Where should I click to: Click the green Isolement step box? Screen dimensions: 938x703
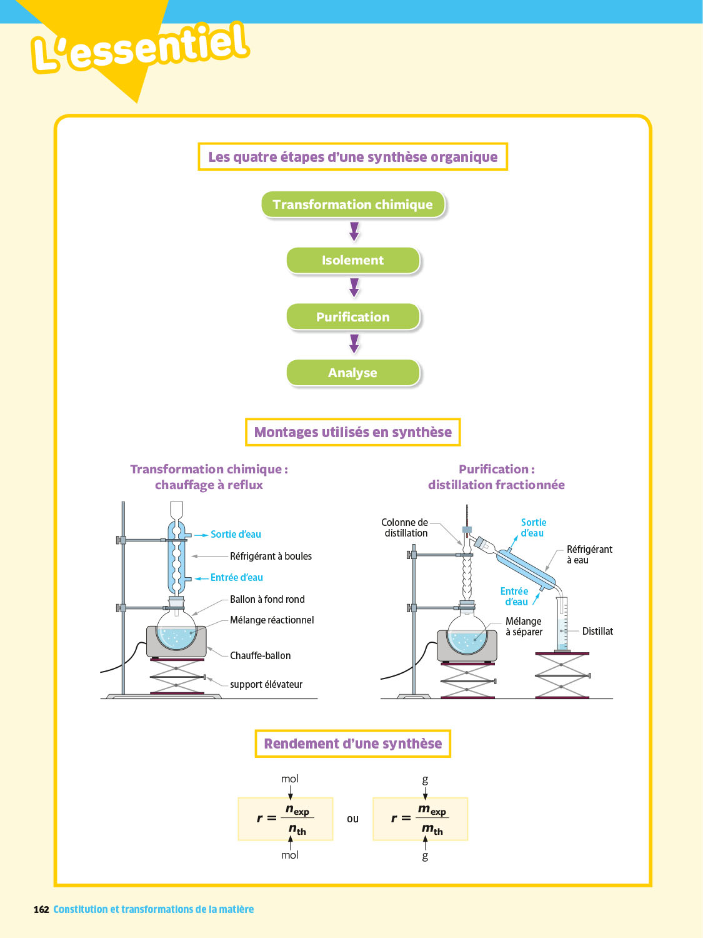pos(353,261)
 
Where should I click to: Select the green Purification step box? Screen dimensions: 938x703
pos(353,317)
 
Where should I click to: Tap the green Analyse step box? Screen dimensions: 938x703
pos(353,373)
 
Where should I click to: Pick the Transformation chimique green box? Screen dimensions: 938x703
pos(353,204)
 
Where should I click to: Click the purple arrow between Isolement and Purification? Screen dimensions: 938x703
pos(354,288)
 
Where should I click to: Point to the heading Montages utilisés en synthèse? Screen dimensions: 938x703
pos(353,432)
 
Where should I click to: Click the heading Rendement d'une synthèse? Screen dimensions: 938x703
pos(353,744)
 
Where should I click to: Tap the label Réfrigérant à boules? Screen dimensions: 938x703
pos(271,556)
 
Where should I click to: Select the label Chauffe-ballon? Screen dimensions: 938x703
pos(260,655)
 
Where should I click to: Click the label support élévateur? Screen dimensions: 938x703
pos(266,684)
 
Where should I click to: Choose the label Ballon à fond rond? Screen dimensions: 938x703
pos(267,599)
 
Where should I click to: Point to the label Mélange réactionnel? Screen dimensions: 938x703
pos(272,620)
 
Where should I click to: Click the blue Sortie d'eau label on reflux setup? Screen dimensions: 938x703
pos(236,534)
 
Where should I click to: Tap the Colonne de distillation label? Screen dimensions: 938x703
pos(406,528)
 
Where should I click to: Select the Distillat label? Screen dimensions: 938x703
pos(597,631)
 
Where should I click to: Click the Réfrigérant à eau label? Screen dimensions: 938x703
pos(589,555)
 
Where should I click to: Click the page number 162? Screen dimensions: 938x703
pos(41,909)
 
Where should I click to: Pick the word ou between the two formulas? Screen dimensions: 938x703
pos(353,819)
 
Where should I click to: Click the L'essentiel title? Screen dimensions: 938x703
pos(141,47)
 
